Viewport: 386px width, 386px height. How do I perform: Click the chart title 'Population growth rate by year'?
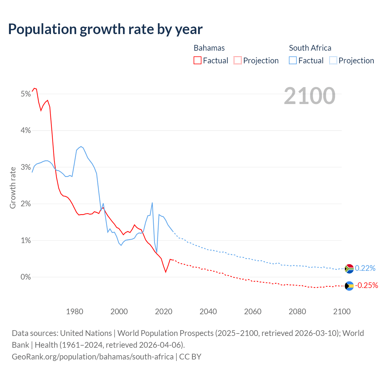pos(105,29)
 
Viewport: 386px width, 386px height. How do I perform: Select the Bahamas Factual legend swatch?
pos(197,60)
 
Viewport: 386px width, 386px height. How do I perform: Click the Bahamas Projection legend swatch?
pos(238,60)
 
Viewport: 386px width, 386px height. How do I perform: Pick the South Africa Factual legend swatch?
pos(293,60)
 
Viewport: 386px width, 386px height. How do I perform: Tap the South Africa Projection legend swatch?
pos(333,60)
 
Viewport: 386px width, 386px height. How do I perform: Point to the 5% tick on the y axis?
pos(26,94)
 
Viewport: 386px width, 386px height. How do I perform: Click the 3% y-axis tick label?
pos(26,167)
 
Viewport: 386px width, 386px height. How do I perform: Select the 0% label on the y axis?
pos(26,277)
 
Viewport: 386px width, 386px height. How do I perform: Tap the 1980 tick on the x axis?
pos(74,312)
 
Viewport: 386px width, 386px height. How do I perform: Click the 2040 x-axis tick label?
pos(208,312)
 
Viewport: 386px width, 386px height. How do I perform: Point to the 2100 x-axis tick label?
pos(342,312)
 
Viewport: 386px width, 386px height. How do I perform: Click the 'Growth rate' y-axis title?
pos(13,188)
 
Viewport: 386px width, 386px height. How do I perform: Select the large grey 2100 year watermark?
pos(309,96)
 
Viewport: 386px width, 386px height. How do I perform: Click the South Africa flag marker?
pos(349,268)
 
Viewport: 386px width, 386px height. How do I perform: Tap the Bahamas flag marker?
pos(349,286)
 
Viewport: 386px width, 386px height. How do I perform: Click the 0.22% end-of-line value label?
pos(365,268)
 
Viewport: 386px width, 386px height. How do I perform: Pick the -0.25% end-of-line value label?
pos(366,285)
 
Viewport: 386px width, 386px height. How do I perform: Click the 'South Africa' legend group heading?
pos(310,48)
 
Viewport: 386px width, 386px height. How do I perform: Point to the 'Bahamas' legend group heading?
pos(209,48)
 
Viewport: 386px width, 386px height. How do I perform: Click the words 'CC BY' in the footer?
pos(190,357)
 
